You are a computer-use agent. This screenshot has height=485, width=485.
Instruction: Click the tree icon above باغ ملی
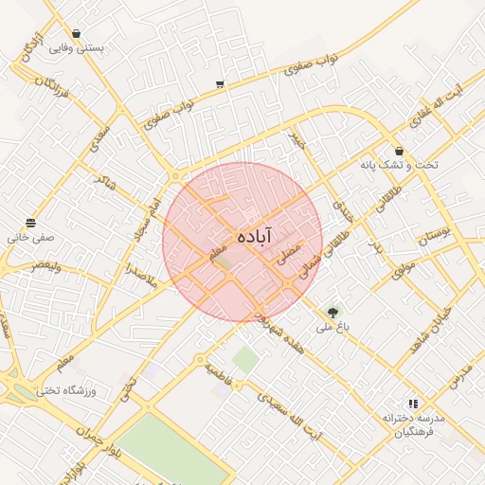point(332,312)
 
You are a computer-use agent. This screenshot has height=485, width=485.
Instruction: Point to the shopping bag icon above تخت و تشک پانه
point(399,151)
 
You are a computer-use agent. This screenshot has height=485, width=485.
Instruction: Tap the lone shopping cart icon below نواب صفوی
point(220,84)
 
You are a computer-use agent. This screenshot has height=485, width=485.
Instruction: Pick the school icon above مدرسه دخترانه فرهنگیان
point(412,404)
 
